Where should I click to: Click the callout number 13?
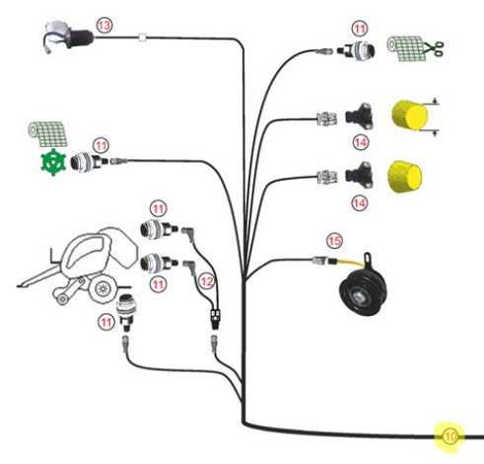104,26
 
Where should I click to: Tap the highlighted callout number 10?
450,436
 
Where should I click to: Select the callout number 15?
334,241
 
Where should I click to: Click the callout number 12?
207,281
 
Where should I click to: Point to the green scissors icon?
435,48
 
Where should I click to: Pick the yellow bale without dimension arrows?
404,176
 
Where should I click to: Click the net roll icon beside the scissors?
405,48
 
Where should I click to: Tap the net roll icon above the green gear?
47,134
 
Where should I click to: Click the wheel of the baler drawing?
102,288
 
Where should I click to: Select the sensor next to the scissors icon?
356,50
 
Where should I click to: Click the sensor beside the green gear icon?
90,161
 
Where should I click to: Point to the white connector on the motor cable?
143,38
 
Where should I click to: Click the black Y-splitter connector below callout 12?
215,317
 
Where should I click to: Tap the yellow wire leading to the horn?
349,263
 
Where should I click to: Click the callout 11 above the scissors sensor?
360,29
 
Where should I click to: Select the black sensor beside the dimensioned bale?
359,116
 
